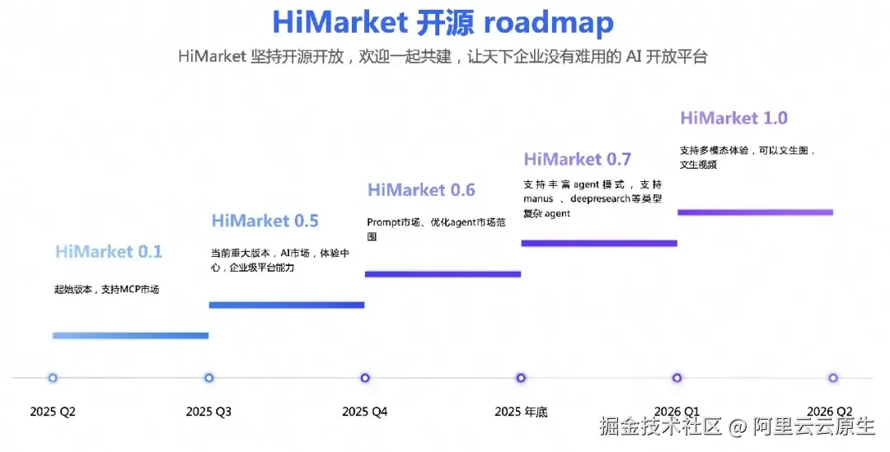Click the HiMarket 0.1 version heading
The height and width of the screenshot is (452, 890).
(109, 252)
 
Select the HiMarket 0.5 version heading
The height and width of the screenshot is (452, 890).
(265, 221)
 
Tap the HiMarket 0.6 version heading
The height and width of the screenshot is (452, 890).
(421, 190)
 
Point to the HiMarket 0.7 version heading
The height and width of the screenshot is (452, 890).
(577, 159)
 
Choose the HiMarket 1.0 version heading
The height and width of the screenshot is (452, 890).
(733, 118)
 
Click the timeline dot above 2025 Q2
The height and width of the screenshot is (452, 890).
(53, 378)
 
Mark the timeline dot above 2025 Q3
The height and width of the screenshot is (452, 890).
(209, 378)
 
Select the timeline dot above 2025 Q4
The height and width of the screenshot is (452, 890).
(365, 378)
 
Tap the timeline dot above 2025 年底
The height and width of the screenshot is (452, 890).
(521, 378)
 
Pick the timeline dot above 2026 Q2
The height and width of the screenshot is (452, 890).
(833, 378)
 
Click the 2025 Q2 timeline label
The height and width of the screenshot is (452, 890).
(53, 412)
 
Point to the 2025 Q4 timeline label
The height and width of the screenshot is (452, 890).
(365, 412)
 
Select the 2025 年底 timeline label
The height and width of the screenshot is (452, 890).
(521, 412)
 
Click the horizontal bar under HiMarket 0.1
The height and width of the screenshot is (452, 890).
(130, 335)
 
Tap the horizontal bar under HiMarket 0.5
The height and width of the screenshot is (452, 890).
(287, 305)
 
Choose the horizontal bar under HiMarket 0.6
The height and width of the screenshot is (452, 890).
(443, 274)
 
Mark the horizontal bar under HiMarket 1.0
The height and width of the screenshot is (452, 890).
(755, 212)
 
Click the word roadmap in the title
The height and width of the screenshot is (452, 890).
(548, 22)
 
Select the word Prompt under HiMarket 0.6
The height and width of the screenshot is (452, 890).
(382, 222)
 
